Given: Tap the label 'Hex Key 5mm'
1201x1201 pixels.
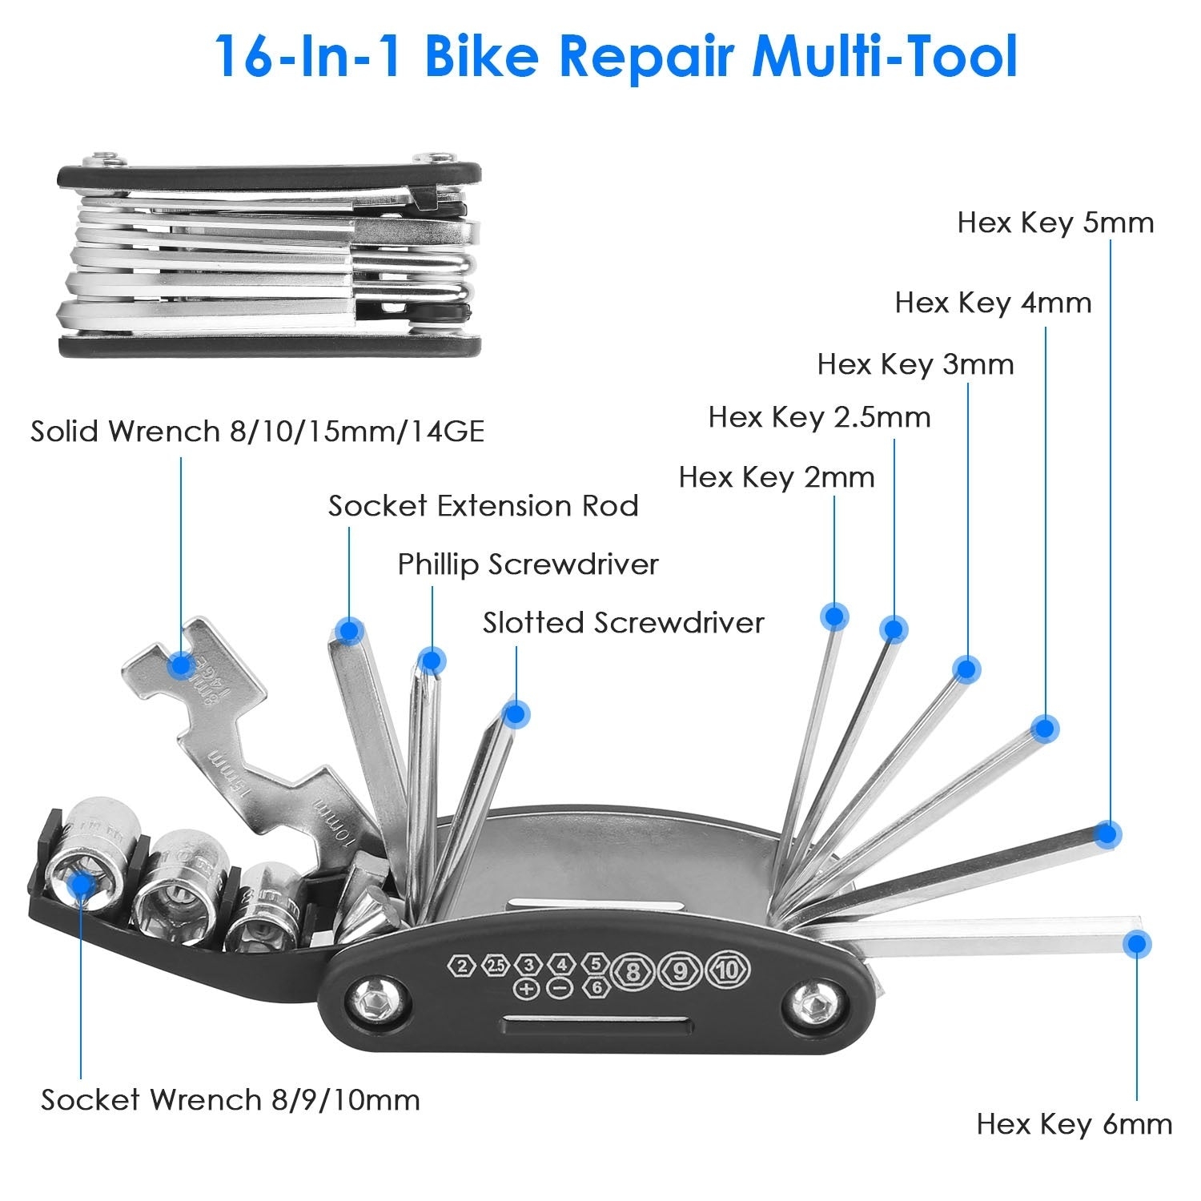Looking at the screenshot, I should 1055,222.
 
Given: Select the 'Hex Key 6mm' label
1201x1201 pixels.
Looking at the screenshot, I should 1074,1124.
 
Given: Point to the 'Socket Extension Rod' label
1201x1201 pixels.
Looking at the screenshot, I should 483,506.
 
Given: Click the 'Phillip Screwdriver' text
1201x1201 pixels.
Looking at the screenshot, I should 528,564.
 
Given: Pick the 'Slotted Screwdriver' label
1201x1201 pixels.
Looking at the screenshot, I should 623,623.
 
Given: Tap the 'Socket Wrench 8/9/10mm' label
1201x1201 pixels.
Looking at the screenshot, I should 231,1099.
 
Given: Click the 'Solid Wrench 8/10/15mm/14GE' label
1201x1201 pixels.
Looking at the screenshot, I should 257,432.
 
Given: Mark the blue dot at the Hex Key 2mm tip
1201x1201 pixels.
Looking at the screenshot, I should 834,616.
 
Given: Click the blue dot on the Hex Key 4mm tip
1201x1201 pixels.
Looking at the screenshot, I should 1044,728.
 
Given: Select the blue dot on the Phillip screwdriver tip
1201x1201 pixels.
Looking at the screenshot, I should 431,661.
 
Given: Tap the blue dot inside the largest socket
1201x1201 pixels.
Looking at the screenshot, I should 80,885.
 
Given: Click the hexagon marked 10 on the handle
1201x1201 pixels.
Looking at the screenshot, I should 727,970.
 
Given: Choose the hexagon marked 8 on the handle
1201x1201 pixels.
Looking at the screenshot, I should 633,970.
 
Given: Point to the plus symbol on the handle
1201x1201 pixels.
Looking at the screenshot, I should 526,988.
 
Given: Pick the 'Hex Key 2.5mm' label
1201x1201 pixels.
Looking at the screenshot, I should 819,417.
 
